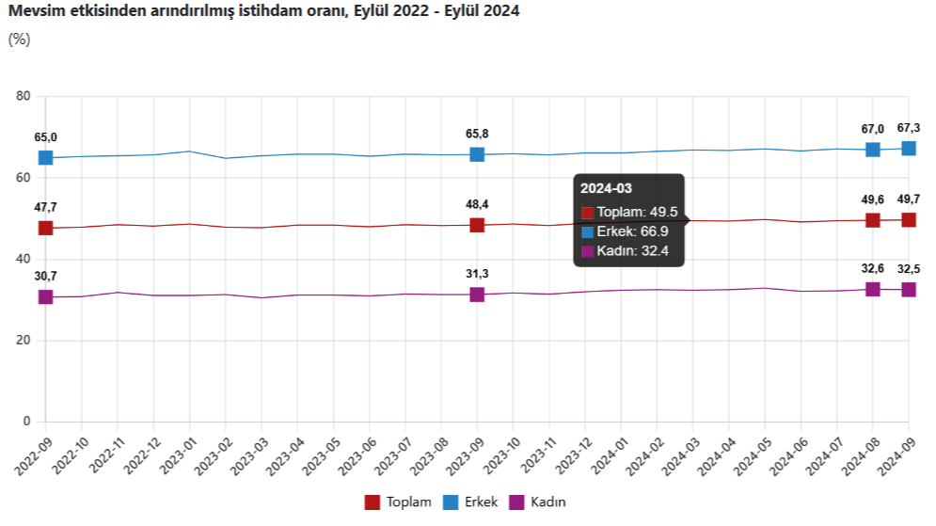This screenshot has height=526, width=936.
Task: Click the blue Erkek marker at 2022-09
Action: pos(45,157)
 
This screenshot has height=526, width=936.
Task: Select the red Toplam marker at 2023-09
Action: pos(477,225)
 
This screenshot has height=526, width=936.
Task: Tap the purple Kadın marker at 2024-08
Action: pos(873,289)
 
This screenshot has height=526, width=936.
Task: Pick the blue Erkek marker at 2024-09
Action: pos(909,148)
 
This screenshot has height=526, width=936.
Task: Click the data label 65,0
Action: pos(45,137)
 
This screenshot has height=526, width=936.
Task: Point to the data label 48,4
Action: pos(477,204)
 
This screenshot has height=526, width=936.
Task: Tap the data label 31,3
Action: pos(477,274)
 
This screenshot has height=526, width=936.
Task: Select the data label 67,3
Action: pos(909,128)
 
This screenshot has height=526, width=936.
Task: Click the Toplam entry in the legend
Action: pos(398,502)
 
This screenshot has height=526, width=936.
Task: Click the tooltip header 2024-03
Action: pos(606,188)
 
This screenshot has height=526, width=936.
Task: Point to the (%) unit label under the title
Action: pos(19,39)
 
